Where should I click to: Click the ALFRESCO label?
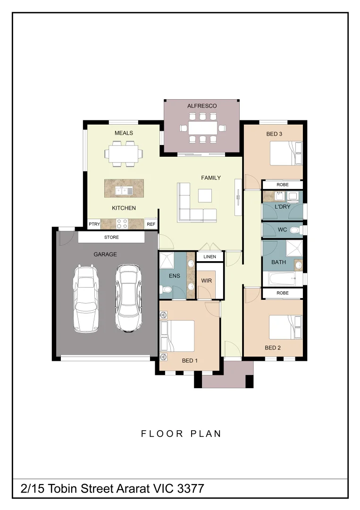pos(202,106)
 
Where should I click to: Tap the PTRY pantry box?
pos(94,224)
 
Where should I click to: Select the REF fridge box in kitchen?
pos(151,224)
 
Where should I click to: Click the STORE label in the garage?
pos(111,237)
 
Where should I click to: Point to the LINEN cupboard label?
pos(209,257)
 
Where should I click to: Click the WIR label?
pos(206,281)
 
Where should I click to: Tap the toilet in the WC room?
pos(295,230)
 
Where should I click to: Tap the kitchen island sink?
pos(124,191)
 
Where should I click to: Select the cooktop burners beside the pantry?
pos(122,223)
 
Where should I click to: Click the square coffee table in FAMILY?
pos(205,195)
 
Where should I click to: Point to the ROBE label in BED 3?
pos(282,184)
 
